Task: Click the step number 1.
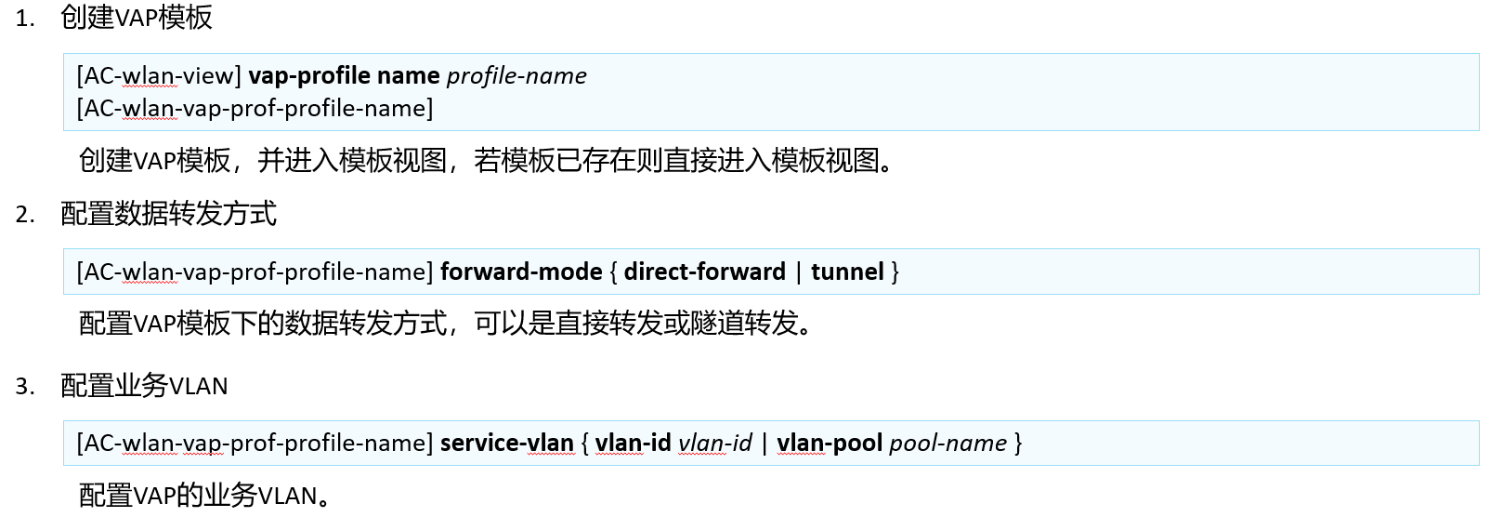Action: (x=24, y=19)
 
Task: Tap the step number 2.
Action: (x=24, y=215)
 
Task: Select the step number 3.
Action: (x=24, y=387)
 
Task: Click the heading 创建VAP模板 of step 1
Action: (x=137, y=18)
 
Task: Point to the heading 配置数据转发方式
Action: (x=168, y=214)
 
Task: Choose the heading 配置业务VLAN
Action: (x=144, y=386)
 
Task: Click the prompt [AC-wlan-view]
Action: (x=159, y=76)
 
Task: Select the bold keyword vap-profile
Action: (x=309, y=76)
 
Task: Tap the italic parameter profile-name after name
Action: (x=516, y=76)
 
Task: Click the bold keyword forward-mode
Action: (x=521, y=272)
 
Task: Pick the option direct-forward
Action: (x=704, y=272)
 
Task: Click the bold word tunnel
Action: (x=847, y=272)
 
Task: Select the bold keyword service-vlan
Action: (x=507, y=443)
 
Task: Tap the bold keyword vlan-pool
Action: (x=830, y=444)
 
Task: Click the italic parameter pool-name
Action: (x=948, y=444)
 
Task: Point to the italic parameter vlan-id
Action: (x=715, y=443)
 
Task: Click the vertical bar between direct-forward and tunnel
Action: (x=798, y=272)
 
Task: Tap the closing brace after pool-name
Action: (x=1018, y=444)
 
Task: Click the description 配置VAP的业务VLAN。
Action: (x=204, y=495)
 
